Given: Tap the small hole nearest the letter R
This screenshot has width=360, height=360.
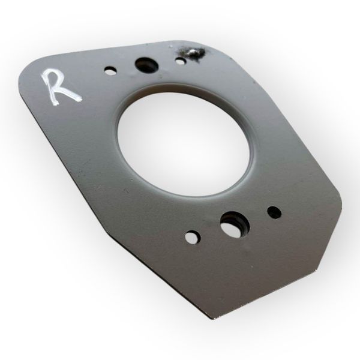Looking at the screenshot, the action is (x=110, y=70).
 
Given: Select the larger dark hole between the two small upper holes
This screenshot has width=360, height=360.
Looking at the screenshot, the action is (x=146, y=64).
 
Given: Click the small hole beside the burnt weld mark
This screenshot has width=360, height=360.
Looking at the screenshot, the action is (x=181, y=61).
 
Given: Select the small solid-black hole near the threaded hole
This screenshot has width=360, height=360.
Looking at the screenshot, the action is (x=274, y=212).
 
